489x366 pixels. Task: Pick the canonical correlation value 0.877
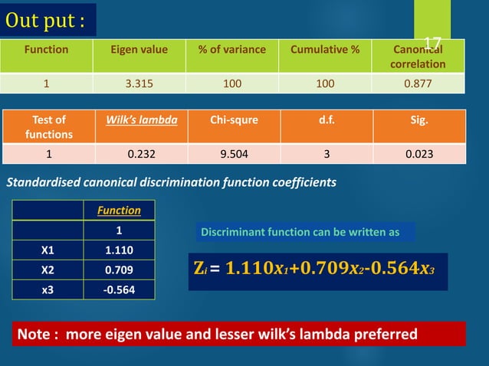coord(417,83)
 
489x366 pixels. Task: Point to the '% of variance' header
coord(232,50)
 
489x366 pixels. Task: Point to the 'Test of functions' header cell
coord(50,126)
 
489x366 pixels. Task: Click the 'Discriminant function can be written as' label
coord(304,231)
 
